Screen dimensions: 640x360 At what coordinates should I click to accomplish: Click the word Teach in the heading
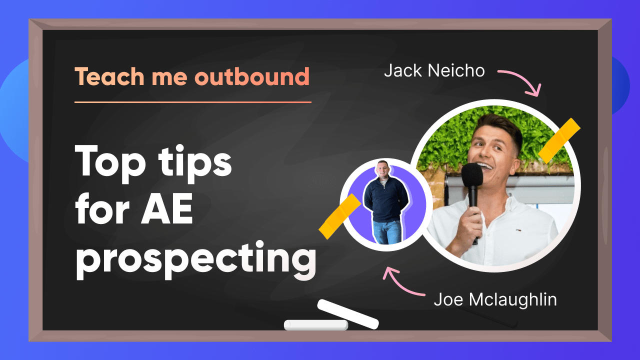tap(109, 76)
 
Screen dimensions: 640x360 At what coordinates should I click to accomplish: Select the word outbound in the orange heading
tap(252, 76)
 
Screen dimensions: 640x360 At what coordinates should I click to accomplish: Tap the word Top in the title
tap(110, 164)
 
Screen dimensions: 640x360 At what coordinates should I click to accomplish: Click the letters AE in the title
tap(167, 208)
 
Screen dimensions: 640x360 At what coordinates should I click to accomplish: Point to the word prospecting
tap(196, 259)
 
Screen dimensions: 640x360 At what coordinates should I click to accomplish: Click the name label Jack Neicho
tap(434, 70)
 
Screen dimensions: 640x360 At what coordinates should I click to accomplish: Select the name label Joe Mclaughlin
tap(495, 300)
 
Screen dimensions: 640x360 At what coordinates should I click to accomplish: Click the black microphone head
tap(472, 174)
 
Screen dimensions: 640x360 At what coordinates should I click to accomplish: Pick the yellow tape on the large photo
tap(559, 141)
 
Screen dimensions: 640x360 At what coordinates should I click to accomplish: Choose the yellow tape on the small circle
tap(339, 216)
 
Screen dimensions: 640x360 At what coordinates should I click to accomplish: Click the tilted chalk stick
tap(348, 314)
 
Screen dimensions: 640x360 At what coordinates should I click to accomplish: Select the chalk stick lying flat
tap(316, 325)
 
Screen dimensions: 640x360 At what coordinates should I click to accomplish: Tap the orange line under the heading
tap(193, 102)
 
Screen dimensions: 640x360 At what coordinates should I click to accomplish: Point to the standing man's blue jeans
tap(387, 232)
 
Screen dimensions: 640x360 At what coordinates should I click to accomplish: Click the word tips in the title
tap(195, 164)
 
